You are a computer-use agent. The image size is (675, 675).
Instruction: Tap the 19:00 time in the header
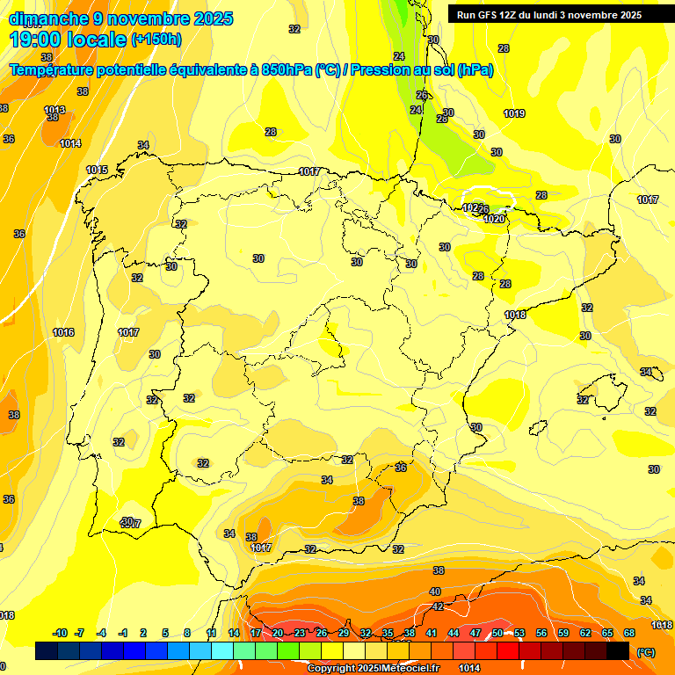tap(40, 40)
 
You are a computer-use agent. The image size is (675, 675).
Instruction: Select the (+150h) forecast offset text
tap(156, 40)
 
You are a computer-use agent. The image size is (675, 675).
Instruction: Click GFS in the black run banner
tap(492, 15)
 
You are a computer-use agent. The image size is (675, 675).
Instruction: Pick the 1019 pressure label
tap(514, 113)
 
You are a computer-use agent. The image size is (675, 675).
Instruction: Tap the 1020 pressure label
tap(495, 219)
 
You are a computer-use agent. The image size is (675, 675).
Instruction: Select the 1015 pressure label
tap(97, 170)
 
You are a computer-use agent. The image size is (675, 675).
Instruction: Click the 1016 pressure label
tap(63, 332)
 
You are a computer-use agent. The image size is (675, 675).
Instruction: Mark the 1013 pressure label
tap(54, 110)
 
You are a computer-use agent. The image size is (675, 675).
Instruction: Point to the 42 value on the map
tap(438, 606)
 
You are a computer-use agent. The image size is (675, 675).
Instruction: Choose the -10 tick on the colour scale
tap(60, 633)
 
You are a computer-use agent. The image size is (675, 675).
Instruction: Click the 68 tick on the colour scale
tap(629, 633)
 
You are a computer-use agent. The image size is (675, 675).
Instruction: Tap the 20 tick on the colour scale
tap(278, 633)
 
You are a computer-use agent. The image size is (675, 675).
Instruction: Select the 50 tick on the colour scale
tap(497, 633)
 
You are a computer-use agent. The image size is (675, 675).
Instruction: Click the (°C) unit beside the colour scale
tap(645, 651)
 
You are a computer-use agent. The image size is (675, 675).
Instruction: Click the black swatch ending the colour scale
tap(618, 650)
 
